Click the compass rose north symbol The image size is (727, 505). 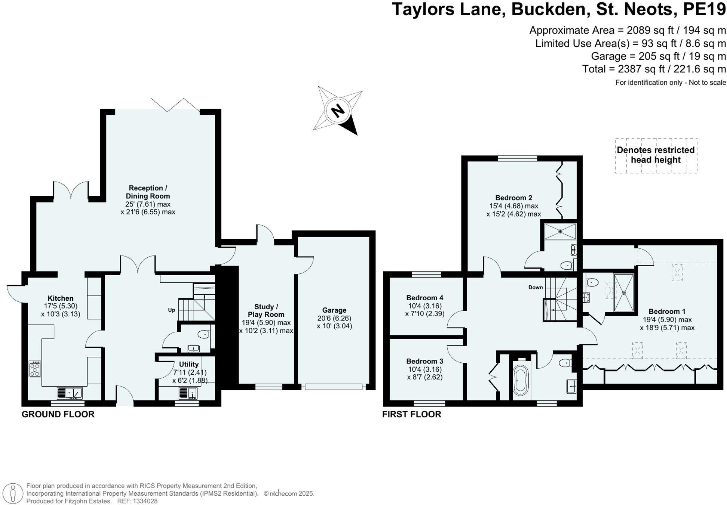click(338, 111)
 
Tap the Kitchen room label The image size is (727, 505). click(61, 298)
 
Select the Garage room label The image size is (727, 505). click(334, 310)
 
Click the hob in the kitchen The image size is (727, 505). click(35, 369)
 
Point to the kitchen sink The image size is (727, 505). click(70, 393)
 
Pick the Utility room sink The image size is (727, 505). click(188, 393)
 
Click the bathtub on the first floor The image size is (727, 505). click(521, 380)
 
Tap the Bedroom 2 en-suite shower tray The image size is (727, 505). click(560, 232)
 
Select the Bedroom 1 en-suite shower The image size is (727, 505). click(623, 292)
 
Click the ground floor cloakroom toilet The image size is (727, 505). click(204, 334)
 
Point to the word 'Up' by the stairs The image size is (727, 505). click(172, 310)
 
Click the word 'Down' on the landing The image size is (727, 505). click(536, 287)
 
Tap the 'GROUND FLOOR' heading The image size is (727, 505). click(58, 414)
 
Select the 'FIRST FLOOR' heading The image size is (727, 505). click(412, 414)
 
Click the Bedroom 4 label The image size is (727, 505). click(425, 298)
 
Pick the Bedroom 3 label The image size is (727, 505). click(425, 361)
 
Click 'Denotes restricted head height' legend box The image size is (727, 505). click(656, 155)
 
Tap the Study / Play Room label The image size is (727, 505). click(266, 310)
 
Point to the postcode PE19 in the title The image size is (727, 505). click(704, 9)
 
